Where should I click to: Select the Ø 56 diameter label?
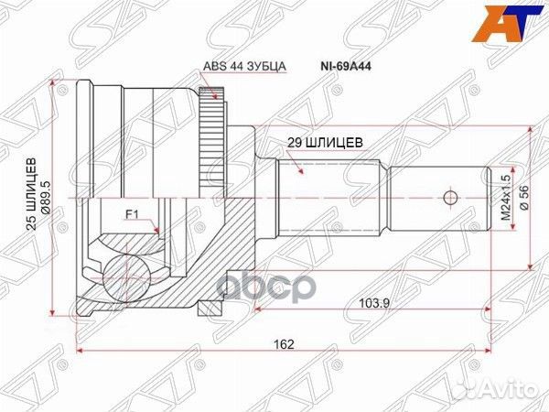click(524, 199)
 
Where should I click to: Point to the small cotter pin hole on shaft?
click(448, 198)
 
